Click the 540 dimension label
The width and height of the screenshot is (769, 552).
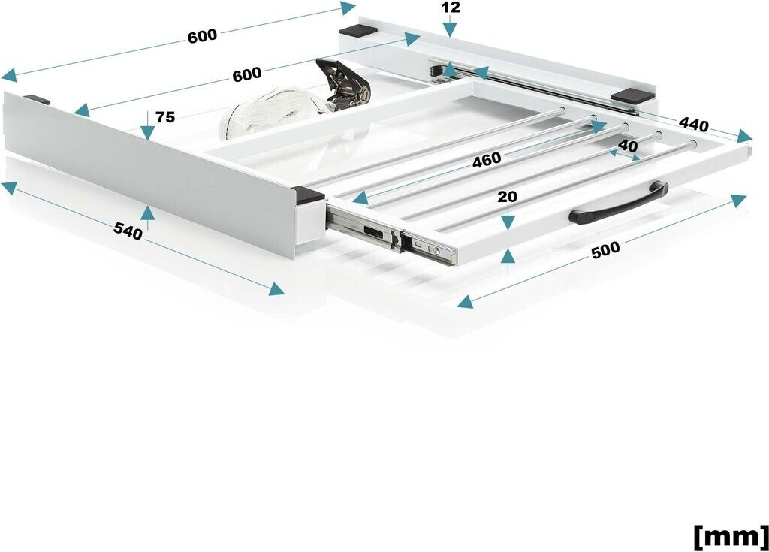pos(128,231)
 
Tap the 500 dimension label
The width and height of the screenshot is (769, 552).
pos(606,249)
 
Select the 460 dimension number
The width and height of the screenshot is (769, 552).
pos(487,159)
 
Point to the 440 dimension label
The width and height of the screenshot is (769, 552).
pos(694,125)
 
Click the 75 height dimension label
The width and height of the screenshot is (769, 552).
pos(165,117)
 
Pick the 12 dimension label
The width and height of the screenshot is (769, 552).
pos(451,8)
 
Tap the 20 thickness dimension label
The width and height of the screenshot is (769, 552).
pos(507,197)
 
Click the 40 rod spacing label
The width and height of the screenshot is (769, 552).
pos(629,146)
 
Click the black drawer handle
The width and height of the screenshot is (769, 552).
pos(619,203)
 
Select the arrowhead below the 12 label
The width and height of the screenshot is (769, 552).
pos(451,31)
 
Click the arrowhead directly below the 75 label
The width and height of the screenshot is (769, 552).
pos(147,132)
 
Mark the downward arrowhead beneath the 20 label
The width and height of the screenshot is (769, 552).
pos(508,222)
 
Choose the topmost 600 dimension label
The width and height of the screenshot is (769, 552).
pos(202,36)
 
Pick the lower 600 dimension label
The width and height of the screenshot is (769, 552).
pos(246,74)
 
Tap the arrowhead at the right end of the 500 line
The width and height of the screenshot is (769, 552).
pos(738,199)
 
